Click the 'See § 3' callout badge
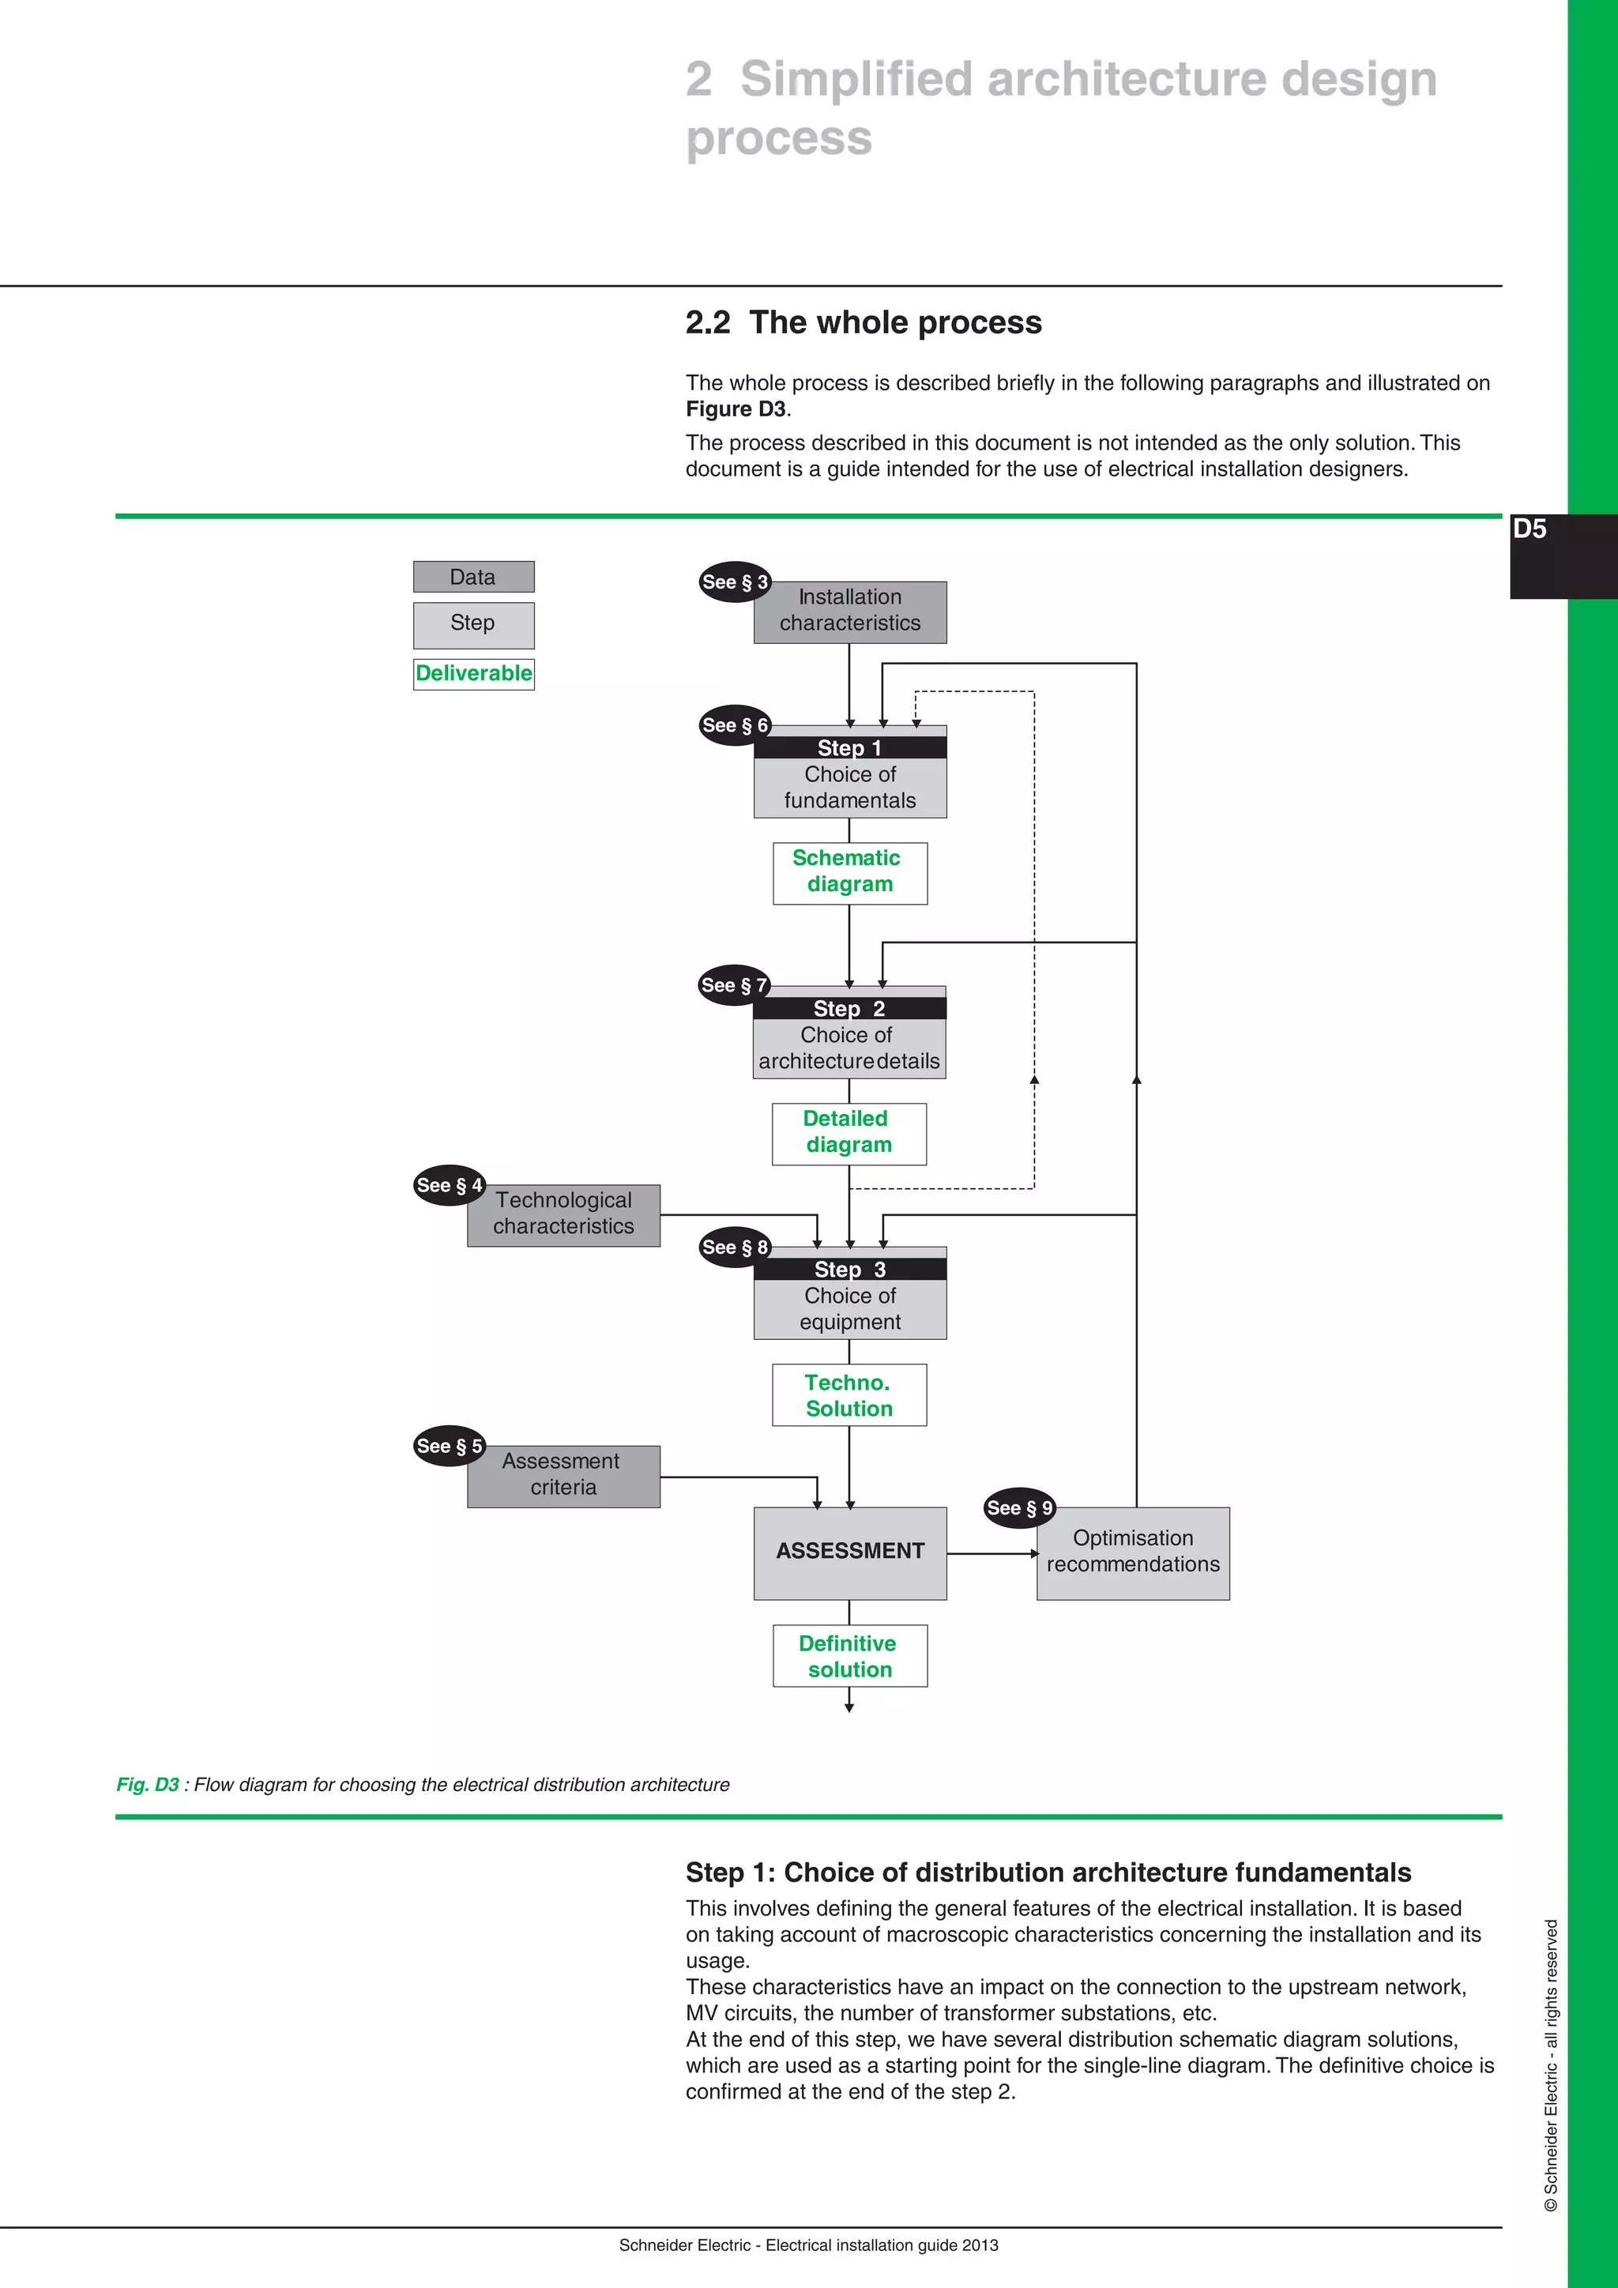[x=734, y=582]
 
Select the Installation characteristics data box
[x=850, y=612]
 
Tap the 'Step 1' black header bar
[x=850, y=747]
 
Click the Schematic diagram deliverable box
[x=850, y=873]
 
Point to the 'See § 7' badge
[x=733, y=985]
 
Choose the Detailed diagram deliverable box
[x=849, y=1133]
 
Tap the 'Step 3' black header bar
[x=850, y=1269]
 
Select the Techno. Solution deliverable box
[x=849, y=1395]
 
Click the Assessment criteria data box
[x=564, y=1476]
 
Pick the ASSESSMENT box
[x=850, y=1552]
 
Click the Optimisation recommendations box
[x=1133, y=1552]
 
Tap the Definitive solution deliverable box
[x=850, y=1656]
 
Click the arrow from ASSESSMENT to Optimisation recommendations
[x=991, y=1552]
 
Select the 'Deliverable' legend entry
[x=474, y=674]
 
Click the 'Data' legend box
[x=473, y=577]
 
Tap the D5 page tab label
[x=1530, y=529]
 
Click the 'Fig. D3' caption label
[x=148, y=1785]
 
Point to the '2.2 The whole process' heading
[x=863, y=323]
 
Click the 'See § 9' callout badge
[x=1018, y=1507]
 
